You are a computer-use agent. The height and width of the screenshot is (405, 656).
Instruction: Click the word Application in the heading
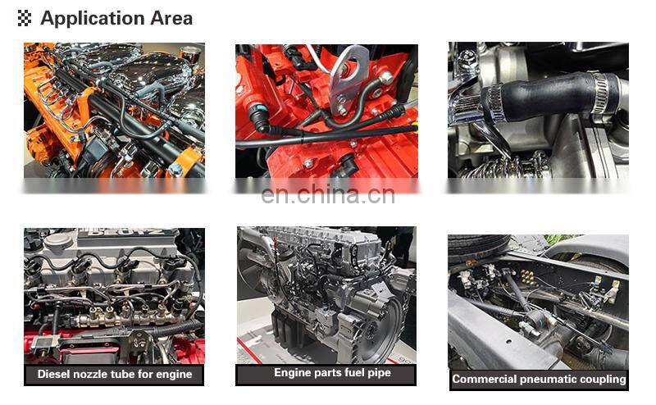(93, 19)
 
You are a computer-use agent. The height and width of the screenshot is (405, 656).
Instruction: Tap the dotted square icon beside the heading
(25, 18)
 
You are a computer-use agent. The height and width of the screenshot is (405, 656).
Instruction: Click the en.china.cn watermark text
(328, 194)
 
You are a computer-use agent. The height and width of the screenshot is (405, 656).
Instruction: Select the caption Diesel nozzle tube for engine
(115, 374)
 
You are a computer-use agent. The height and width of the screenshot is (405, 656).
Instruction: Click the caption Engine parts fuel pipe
(333, 372)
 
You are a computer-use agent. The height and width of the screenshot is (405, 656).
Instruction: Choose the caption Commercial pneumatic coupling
(539, 379)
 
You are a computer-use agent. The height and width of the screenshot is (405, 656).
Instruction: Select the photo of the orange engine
(114, 111)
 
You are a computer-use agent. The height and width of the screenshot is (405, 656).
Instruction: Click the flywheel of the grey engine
(379, 330)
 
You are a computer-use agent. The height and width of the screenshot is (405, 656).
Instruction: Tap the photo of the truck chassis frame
(538, 302)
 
